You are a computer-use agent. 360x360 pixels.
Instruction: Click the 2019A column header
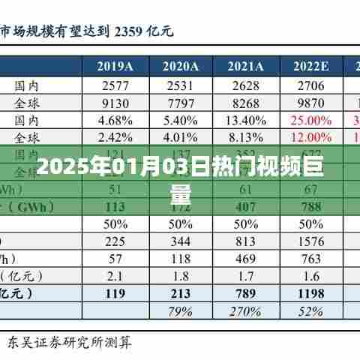point(115,66)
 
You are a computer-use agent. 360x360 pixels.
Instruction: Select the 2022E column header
point(310,66)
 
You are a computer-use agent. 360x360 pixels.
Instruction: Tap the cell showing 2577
point(115,85)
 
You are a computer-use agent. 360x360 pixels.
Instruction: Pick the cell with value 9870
point(310,102)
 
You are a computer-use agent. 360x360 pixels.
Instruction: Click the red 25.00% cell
point(310,120)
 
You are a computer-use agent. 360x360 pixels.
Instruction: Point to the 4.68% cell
point(115,120)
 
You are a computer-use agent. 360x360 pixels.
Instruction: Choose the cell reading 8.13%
point(245,137)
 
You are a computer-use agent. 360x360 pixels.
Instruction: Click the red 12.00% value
point(310,137)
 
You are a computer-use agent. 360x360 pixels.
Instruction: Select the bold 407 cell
point(245,207)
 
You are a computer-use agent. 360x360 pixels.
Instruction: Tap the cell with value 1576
point(310,241)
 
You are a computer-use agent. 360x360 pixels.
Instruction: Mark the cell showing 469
point(245,259)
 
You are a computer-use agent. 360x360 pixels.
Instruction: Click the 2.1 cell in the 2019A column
point(115,276)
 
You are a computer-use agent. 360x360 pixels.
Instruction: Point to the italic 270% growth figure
point(245,311)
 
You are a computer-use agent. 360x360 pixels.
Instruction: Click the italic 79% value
point(180,311)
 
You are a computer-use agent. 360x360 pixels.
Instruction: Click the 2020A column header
point(180,66)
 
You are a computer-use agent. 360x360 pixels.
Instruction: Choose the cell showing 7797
point(180,102)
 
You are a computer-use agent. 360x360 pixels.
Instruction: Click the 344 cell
point(180,241)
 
